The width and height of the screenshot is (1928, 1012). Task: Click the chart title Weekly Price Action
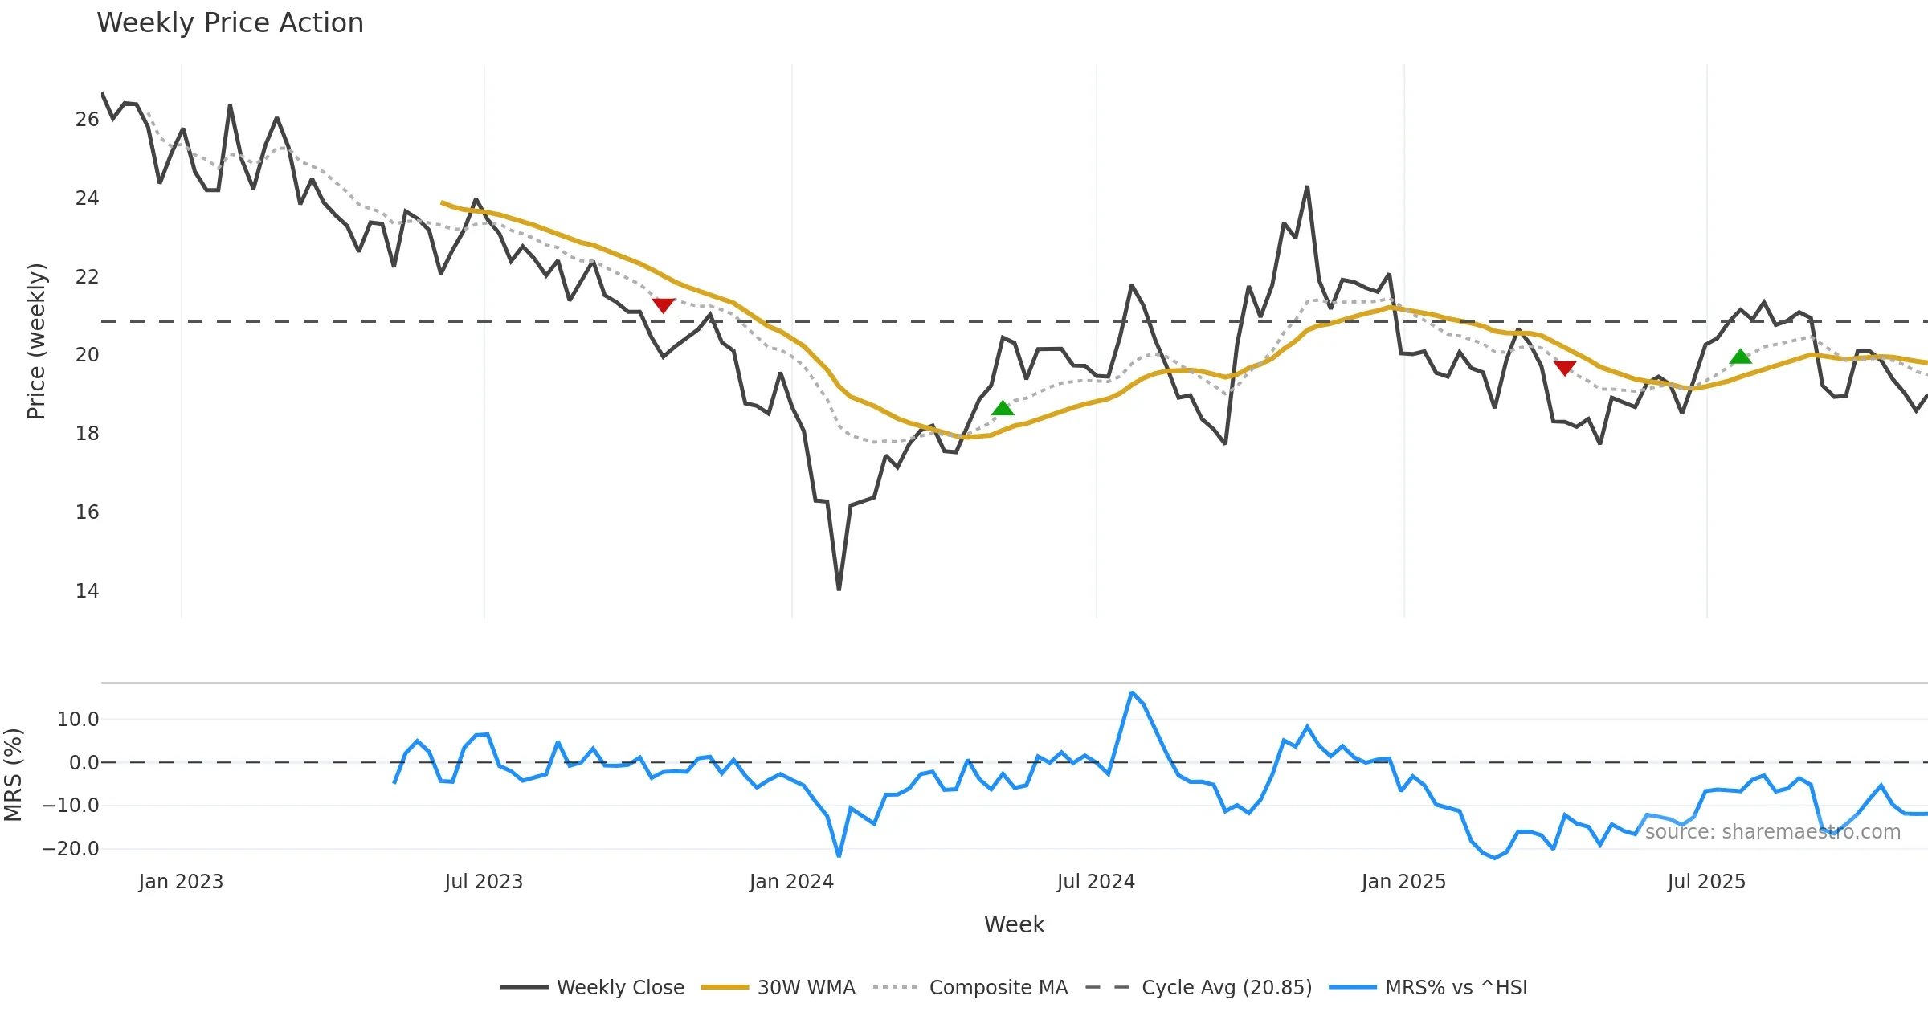pyautogui.click(x=230, y=23)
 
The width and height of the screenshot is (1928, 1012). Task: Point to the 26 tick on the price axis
pyautogui.click(x=87, y=120)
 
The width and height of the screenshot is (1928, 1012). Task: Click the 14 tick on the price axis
pyautogui.click(x=87, y=591)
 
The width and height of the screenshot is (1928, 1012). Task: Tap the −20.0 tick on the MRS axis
pyautogui.click(x=71, y=849)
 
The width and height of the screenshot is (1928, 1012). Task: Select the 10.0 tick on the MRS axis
pyautogui.click(x=78, y=720)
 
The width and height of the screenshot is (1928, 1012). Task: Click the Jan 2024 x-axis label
pyautogui.click(x=791, y=882)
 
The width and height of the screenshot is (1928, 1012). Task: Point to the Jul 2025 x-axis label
pyautogui.click(x=1706, y=882)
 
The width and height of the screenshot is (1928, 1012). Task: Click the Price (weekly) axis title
pyautogui.click(x=37, y=341)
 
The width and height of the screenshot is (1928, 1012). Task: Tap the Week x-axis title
pyautogui.click(x=1014, y=925)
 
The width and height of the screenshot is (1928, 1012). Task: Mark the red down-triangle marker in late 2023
pyautogui.click(x=664, y=304)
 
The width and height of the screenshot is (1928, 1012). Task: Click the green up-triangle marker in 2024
pyautogui.click(x=1003, y=409)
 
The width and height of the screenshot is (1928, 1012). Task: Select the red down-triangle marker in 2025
pyautogui.click(x=1565, y=368)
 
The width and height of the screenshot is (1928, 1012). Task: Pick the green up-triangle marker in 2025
pyautogui.click(x=1740, y=357)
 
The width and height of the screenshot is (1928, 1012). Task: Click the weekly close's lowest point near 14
pyautogui.click(x=839, y=590)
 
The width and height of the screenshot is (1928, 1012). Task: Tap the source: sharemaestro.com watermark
pyautogui.click(x=1772, y=832)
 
